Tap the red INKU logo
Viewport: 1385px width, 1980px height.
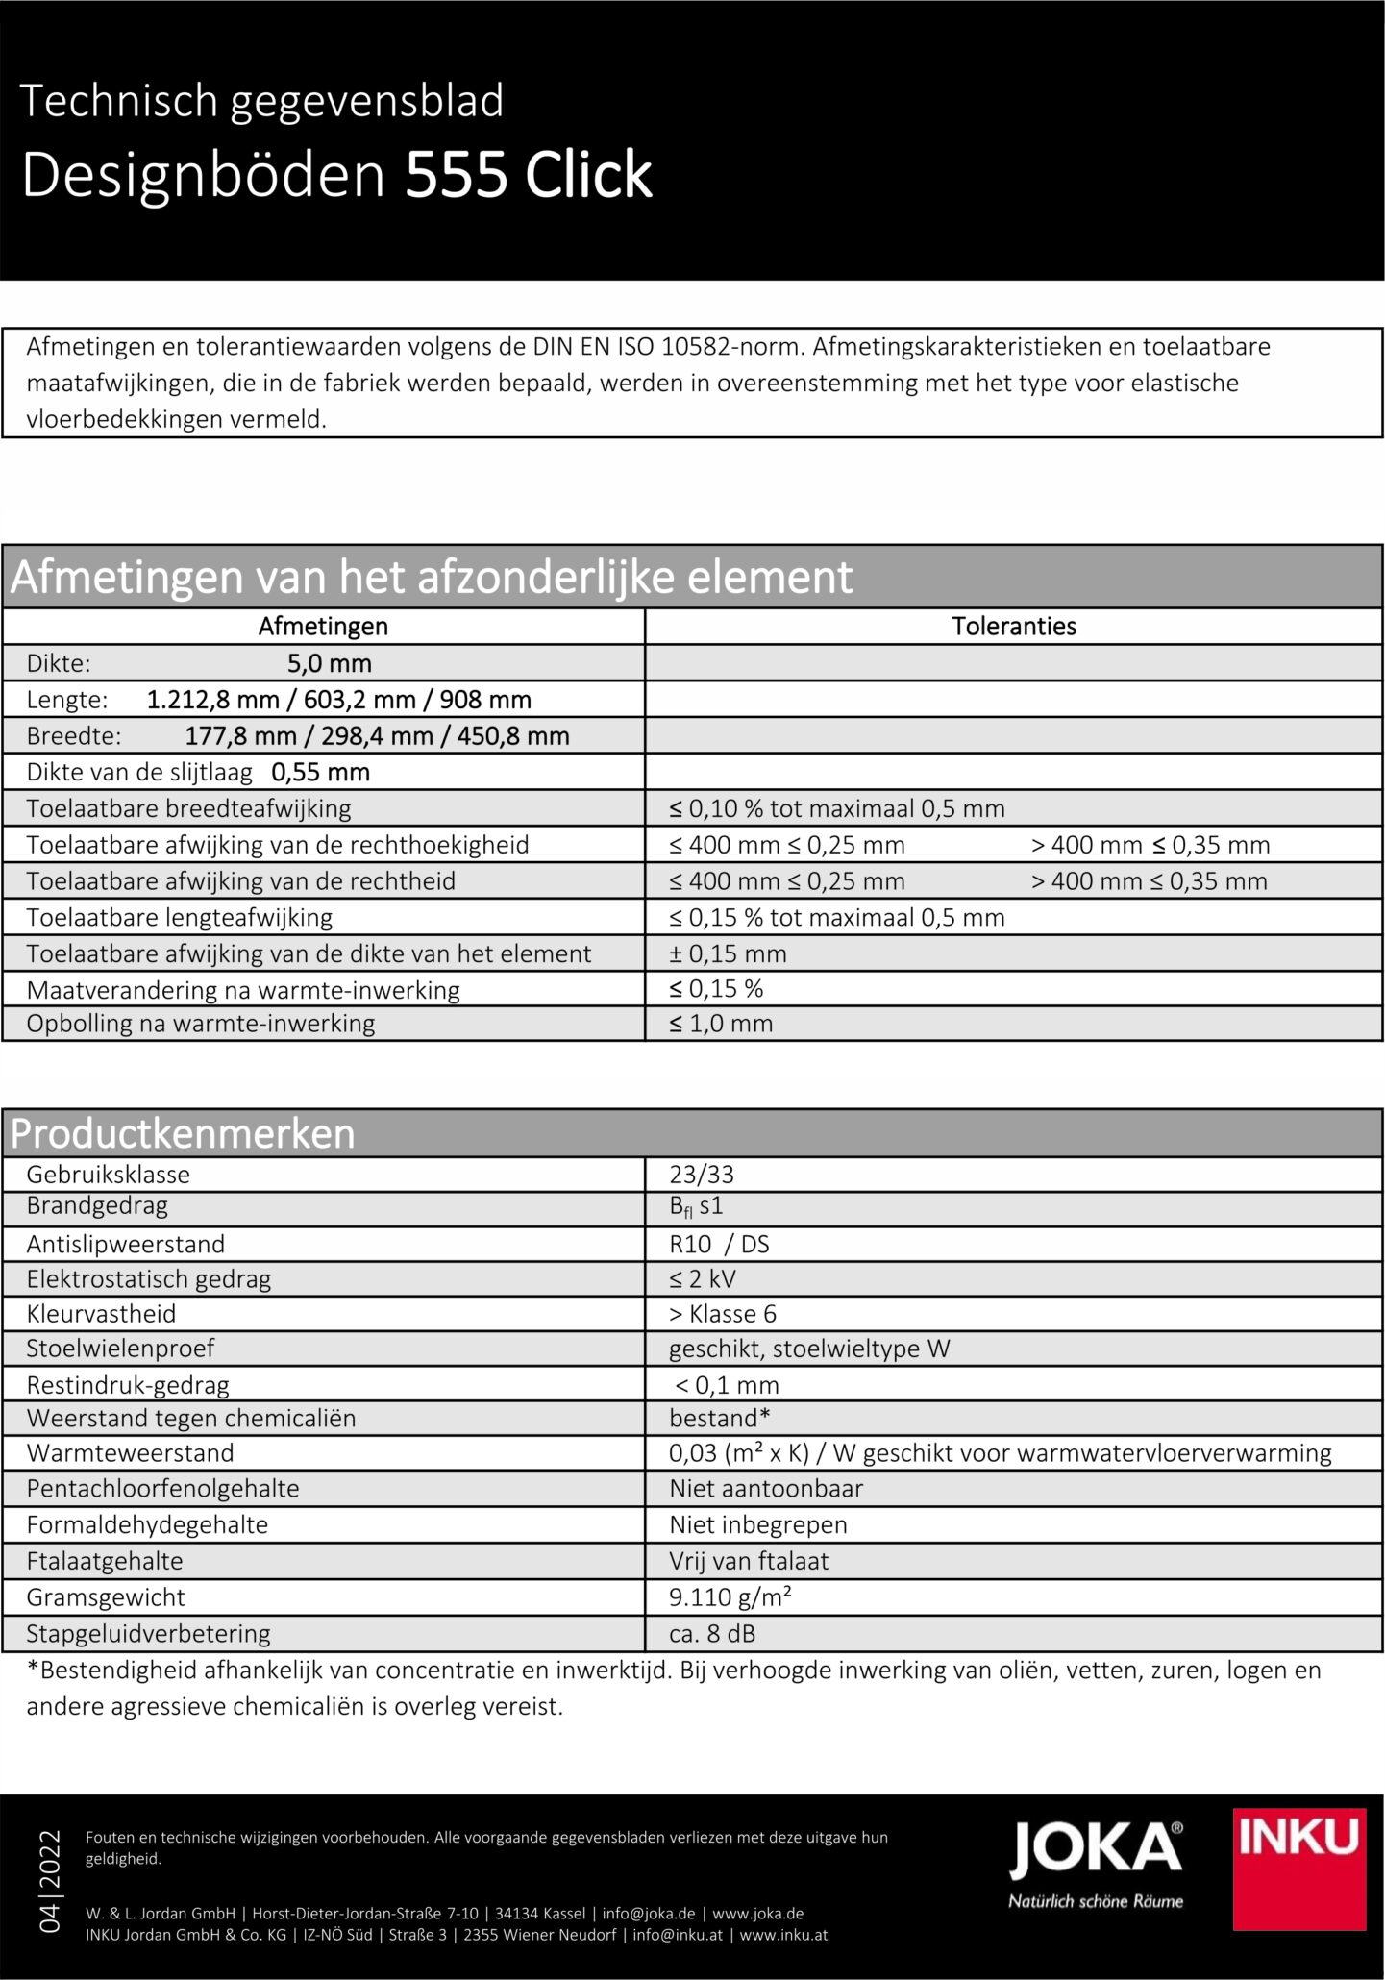[x=1299, y=1869]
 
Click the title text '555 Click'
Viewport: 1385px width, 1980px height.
[x=529, y=176]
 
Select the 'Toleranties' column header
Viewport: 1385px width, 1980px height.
[x=1014, y=627]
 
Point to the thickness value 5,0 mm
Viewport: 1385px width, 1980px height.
[x=329, y=663]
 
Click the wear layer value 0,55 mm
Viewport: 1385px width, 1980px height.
[x=320, y=772]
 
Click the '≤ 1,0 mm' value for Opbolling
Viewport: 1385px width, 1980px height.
[x=721, y=1023]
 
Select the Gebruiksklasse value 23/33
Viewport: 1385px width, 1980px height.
[x=701, y=1174]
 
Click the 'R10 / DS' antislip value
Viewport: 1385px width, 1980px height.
[x=719, y=1244]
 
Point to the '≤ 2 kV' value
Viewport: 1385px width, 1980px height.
[x=703, y=1278]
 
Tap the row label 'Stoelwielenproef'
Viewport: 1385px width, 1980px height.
[x=120, y=1348]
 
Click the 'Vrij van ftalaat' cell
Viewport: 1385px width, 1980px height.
[x=749, y=1560]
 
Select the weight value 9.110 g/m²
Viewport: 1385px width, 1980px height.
[x=730, y=1596]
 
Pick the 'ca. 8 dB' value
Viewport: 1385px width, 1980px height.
[x=705, y=1633]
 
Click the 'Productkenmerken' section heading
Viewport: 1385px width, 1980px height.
[x=183, y=1134]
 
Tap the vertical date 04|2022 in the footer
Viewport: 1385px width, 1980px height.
[x=48, y=1880]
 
